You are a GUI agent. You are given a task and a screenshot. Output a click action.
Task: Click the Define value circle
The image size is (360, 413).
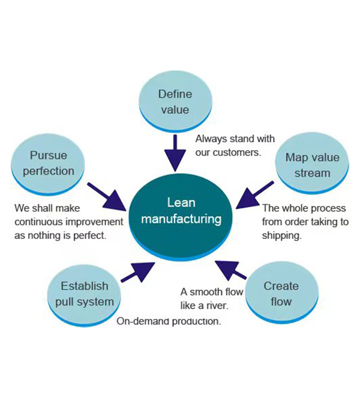(x=175, y=103)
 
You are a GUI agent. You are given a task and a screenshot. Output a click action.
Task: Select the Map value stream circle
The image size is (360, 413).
(x=312, y=166)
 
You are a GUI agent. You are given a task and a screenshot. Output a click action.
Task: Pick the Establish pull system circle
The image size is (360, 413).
(x=84, y=294)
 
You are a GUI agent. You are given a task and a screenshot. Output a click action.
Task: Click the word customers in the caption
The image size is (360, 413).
(x=239, y=152)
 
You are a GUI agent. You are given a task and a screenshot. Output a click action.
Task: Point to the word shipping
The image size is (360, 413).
(x=281, y=235)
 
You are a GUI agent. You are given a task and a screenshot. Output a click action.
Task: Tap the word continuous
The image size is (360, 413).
(x=38, y=222)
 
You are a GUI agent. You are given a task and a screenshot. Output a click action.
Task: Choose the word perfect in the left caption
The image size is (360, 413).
(x=89, y=235)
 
